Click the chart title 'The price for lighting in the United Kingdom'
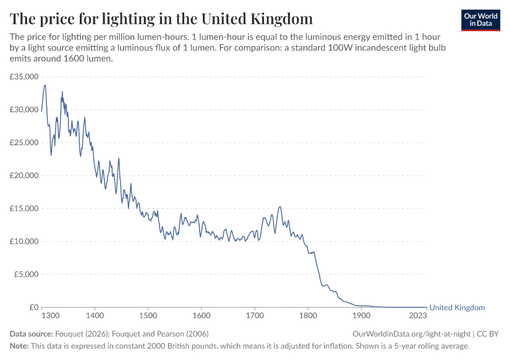click(x=161, y=17)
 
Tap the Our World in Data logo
click(x=480, y=20)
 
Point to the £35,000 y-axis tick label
click(x=24, y=77)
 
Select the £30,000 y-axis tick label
click(x=24, y=110)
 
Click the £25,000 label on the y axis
click(x=24, y=143)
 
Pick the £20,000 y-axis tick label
click(x=24, y=176)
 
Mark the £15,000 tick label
click(x=24, y=209)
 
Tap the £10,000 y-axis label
click(x=24, y=242)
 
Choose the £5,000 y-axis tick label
click(x=26, y=275)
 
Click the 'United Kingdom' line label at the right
click(x=457, y=308)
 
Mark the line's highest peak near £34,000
click(x=45, y=85)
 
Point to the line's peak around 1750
click(x=280, y=207)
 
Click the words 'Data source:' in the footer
click(x=31, y=334)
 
